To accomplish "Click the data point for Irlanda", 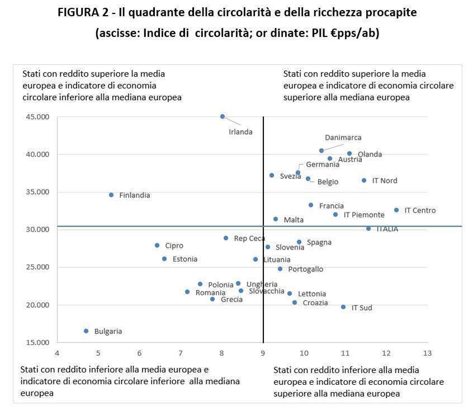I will click(223, 116).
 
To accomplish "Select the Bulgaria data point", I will click(86, 331).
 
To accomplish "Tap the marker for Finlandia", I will click(111, 195).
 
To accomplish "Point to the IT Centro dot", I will click(396, 210).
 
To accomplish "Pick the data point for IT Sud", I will click(343, 307).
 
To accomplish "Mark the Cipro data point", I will click(157, 246).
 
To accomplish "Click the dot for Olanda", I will click(349, 153).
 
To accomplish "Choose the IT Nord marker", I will click(364, 181).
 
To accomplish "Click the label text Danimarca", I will click(343, 138).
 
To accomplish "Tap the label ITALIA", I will click(387, 229).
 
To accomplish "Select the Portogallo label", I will click(305, 269).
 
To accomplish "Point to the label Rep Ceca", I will click(249, 238).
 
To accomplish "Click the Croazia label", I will click(315, 303).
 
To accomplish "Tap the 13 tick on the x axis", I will click(428, 354).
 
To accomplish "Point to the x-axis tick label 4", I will click(57, 354).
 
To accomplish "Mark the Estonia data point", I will click(164, 259).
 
